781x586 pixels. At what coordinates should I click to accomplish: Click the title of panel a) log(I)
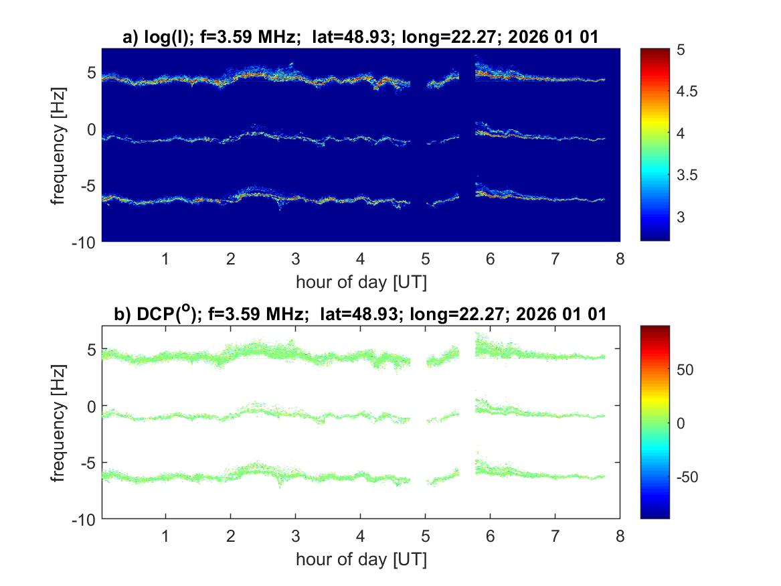coord(361,38)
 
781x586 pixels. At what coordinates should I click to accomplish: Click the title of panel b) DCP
coord(361,314)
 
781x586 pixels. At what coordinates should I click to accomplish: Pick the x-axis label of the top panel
coord(361,282)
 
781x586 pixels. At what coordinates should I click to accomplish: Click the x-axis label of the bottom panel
coord(361,559)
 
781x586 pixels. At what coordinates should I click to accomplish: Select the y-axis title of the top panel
coord(60,144)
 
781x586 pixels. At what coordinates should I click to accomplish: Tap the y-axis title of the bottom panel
coord(60,422)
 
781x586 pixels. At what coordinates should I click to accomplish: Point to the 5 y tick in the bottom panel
coord(92,349)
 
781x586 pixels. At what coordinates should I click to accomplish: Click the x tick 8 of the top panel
coord(620,259)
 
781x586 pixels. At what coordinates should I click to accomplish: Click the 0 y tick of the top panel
coord(92,128)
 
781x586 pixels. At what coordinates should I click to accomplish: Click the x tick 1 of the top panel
coord(165,259)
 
